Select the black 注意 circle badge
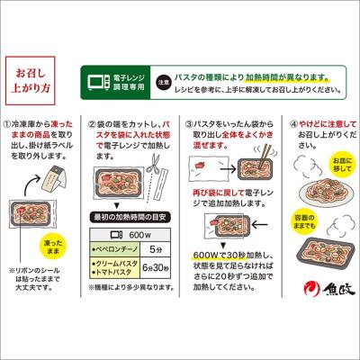(x=162, y=79)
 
